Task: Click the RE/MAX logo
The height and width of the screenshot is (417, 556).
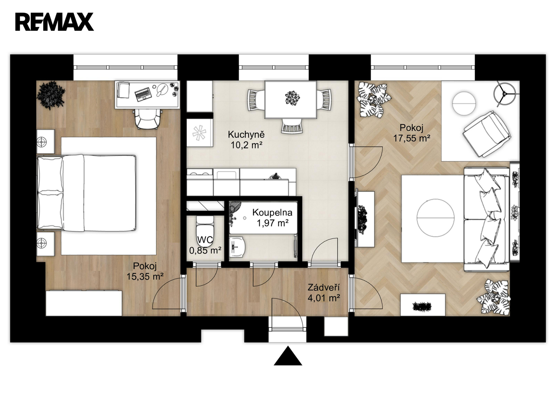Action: pos(55,22)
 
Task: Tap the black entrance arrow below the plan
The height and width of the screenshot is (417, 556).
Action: pos(288,356)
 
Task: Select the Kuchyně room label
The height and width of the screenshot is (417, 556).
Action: pos(246,134)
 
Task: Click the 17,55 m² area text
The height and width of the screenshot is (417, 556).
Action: pos(412,138)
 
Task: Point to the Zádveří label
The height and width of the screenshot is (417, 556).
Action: pos(324,287)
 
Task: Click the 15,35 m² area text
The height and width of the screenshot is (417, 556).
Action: pos(145,277)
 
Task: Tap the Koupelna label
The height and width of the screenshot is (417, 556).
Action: pos(272,212)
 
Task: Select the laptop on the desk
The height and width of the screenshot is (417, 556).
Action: pos(142,94)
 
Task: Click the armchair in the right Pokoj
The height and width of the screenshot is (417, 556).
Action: pos(486,134)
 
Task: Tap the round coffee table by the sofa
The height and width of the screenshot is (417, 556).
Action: pos(435,218)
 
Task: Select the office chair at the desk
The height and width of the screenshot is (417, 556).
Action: pos(148,119)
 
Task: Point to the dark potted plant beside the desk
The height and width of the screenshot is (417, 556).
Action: pos(51,95)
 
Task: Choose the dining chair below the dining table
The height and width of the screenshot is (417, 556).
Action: pos(292,125)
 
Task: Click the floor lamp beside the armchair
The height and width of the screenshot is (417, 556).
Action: pos(505,94)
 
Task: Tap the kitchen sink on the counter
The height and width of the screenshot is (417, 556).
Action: pos(227,175)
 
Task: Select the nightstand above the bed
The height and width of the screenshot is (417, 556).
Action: pos(46,141)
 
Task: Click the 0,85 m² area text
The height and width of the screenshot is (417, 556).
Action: pos(205,251)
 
